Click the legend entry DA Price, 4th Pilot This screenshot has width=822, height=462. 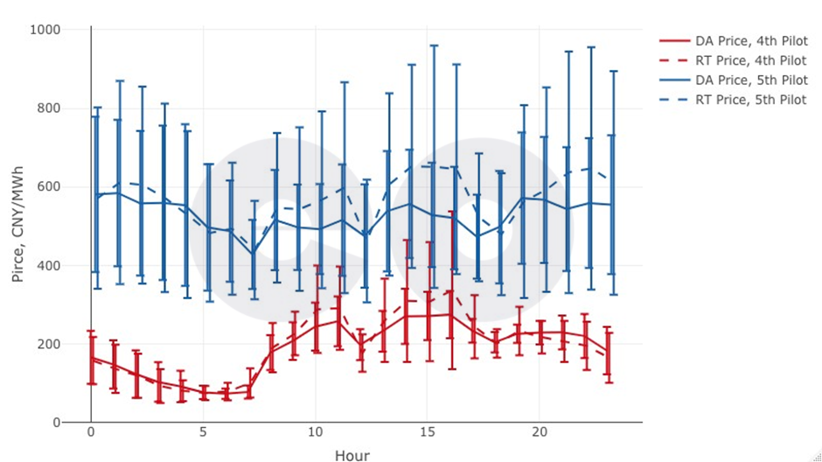coord(750,41)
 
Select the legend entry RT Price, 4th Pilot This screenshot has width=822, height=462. coord(750,60)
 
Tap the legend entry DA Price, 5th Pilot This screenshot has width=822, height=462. coord(750,80)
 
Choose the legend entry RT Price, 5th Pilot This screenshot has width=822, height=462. coord(750,101)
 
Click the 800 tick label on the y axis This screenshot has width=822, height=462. coord(71,108)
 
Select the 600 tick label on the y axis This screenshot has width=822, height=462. coord(71,187)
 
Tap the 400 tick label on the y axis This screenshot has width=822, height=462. coord(71,266)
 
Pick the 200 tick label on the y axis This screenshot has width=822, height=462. coord(71,344)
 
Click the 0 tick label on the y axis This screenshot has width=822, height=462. coord(80,423)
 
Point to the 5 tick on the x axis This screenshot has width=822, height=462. coord(203,433)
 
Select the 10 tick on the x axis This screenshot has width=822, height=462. coord(315,433)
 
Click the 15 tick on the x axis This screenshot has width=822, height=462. coord(427,433)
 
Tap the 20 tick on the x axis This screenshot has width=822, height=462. coord(539,433)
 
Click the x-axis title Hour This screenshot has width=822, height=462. coord(352,455)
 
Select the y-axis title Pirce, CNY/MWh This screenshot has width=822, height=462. coord(18,226)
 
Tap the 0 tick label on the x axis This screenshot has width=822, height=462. coord(91,433)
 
